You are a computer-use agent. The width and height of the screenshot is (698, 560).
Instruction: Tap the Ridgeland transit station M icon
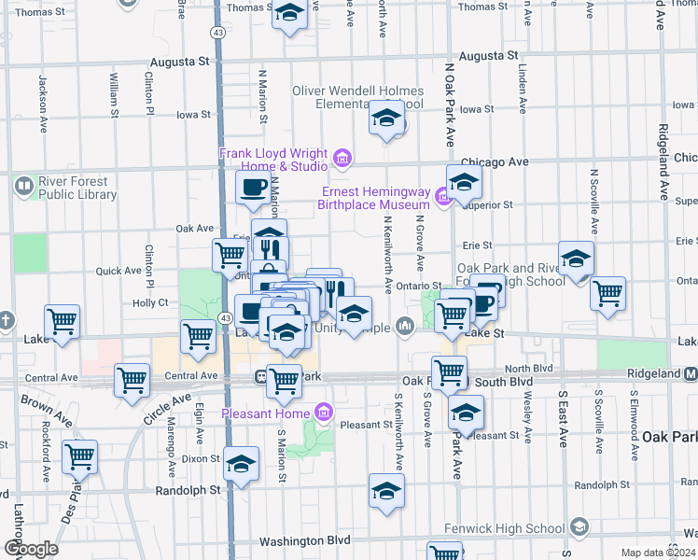tap(691, 373)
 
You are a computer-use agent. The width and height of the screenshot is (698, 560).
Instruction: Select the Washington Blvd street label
tap(304, 540)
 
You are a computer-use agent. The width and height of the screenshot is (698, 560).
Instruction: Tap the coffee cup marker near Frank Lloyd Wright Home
tap(252, 188)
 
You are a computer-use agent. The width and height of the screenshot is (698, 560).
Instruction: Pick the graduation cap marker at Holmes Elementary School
tap(386, 119)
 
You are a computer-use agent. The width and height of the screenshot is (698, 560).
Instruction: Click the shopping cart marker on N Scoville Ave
tap(608, 291)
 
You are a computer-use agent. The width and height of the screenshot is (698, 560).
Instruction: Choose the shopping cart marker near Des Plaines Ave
tap(80, 456)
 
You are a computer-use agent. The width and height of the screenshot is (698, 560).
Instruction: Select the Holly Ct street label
tap(149, 302)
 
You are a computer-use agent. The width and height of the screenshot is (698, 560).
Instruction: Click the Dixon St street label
tap(201, 458)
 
